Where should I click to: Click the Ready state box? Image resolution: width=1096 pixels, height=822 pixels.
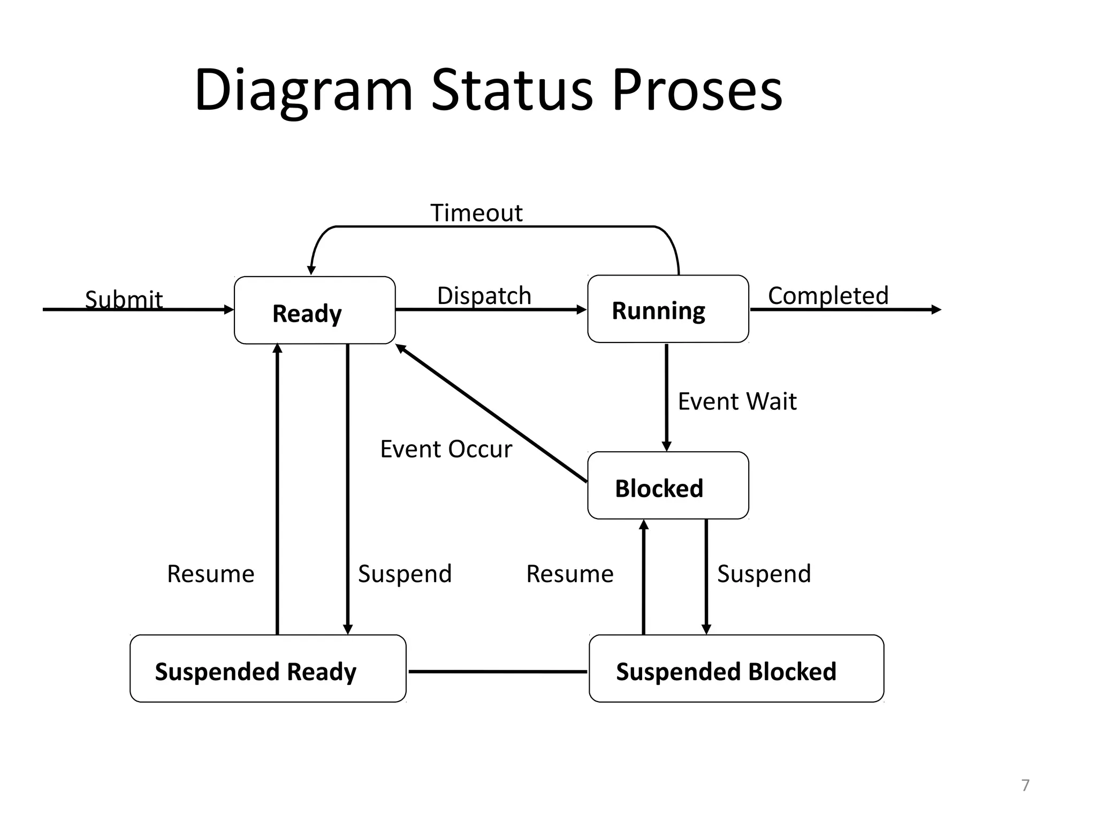pyautogui.click(x=315, y=310)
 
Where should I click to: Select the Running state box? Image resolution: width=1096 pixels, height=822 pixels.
pyautogui.click(x=668, y=309)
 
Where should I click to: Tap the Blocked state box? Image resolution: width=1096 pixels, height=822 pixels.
pyautogui.click(x=668, y=486)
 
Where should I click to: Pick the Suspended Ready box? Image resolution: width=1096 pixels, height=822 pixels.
pyautogui.click(x=268, y=669)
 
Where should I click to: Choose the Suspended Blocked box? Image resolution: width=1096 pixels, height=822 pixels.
pyautogui.click(x=736, y=669)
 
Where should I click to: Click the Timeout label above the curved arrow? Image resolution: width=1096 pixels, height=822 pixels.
pyautogui.click(x=476, y=213)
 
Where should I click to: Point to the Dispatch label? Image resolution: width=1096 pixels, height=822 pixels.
pyautogui.click(x=484, y=295)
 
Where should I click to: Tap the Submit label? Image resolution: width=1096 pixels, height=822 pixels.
pyautogui.click(x=124, y=299)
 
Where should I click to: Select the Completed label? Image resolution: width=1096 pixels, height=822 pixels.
pyautogui.click(x=828, y=295)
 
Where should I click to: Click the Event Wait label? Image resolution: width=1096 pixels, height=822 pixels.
pyautogui.click(x=737, y=401)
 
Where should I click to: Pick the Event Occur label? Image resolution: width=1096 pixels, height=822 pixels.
pyautogui.click(x=446, y=449)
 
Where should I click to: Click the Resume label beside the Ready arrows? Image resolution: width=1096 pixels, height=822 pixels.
pyautogui.click(x=210, y=574)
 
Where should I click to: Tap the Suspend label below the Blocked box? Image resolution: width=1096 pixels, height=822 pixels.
pyautogui.click(x=764, y=574)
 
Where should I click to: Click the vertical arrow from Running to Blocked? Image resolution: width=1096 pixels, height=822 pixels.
pyautogui.click(x=666, y=396)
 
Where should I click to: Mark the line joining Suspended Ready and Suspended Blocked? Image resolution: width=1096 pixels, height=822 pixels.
pyautogui.click(x=498, y=671)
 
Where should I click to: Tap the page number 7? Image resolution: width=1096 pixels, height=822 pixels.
pyautogui.click(x=1025, y=785)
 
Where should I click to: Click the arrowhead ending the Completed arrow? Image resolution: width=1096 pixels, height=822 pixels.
pyautogui.click(x=936, y=309)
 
